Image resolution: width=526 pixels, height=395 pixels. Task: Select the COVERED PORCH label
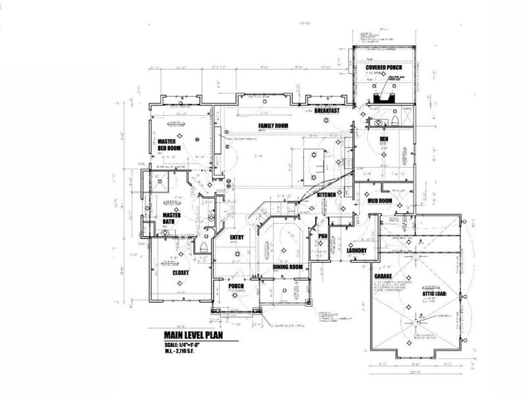[x=384, y=68]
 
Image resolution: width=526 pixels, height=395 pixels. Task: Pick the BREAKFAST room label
[x=327, y=111]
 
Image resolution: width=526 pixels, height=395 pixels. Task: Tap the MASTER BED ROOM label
[x=169, y=145]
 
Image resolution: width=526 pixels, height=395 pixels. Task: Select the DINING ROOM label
[x=287, y=267]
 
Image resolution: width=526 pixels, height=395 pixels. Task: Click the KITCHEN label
[x=327, y=196]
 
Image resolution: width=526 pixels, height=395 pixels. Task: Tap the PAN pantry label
[x=323, y=235]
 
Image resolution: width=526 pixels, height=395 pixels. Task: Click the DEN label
[x=384, y=140]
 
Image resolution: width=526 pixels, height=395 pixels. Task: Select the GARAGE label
[x=383, y=277]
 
